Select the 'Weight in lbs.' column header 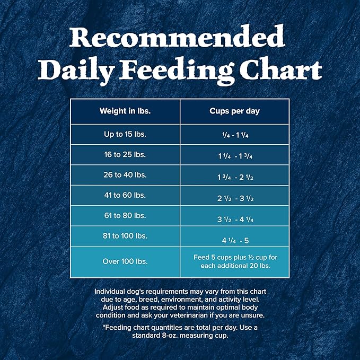(x=125, y=111)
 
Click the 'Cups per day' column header (x=235, y=111)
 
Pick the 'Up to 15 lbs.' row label (x=125, y=134)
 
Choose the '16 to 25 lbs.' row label (x=125, y=155)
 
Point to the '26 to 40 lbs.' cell (x=125, y=175)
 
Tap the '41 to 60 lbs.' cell (x=125, y=195)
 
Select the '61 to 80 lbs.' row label (x=125, y=215)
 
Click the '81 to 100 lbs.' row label (x=125, y=235)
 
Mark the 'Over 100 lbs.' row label (x=125, y=261)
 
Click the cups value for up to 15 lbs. (x=235, y=135)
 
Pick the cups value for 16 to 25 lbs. (x=235, y=156)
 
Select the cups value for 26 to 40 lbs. (x=235, y=177)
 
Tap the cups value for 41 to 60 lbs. (x=235, y=197)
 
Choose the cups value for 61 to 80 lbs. (x=235, y=218)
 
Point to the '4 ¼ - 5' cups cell (x=235, y=239)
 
